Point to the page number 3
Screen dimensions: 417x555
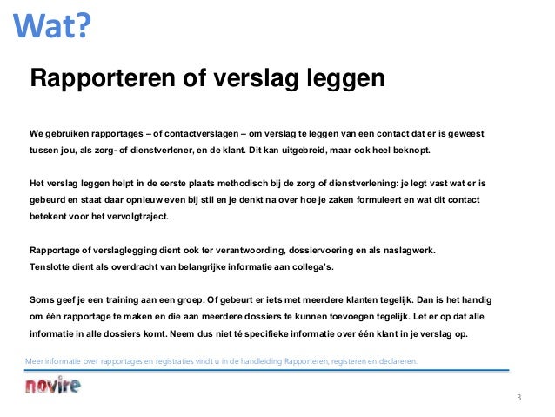click(x=519, y=398)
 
